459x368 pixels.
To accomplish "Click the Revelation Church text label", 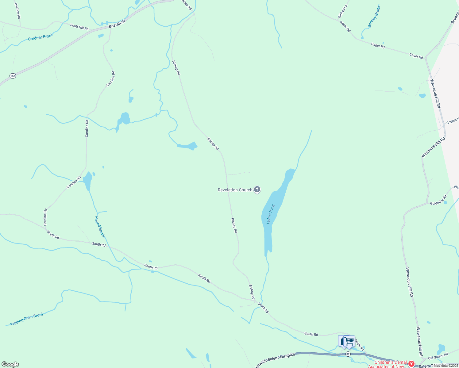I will coord(235,190).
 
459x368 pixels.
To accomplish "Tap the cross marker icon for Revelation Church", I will coord(257,190).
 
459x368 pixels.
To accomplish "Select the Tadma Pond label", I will coord(270,214).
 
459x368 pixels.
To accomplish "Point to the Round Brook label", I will coord(100,227).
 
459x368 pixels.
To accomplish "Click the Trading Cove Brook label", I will coord(27,319).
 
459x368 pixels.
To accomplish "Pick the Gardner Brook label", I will coord(40,37).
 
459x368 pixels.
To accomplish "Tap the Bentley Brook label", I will coord(374,17).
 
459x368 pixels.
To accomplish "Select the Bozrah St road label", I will coord(117,24).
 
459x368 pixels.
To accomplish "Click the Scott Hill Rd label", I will coord(79,27).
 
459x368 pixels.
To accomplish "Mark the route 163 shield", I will coord(12,76).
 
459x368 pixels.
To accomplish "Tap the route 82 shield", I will coord(348,354).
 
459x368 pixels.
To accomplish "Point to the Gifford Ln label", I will coord(342,11).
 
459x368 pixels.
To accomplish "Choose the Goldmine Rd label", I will coord(438,201).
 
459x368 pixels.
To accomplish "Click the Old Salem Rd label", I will coord(438,356).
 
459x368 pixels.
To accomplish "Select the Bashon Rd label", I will coord(17,10).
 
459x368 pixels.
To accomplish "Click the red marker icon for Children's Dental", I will coord(411,364).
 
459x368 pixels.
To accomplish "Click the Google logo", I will coord(10,364).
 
